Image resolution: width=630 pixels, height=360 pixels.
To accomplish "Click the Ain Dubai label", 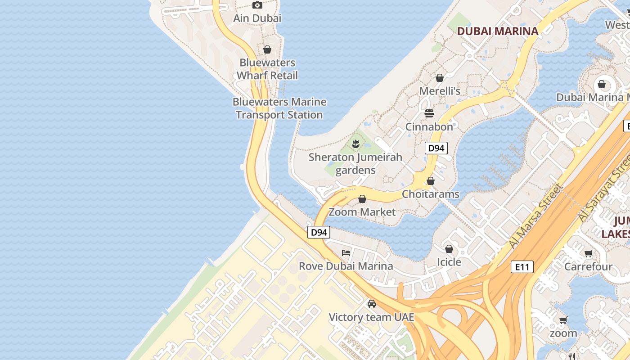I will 257,18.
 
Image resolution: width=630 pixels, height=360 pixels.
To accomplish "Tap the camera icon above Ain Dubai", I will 257,5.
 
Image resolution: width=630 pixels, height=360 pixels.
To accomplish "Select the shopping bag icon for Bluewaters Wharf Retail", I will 267,49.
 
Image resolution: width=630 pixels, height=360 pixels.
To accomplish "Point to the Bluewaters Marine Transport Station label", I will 279,108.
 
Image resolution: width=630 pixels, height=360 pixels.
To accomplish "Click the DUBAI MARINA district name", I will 498,31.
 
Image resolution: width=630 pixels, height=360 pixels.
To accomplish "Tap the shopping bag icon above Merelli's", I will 440,78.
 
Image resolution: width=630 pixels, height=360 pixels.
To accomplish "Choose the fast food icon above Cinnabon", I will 429,113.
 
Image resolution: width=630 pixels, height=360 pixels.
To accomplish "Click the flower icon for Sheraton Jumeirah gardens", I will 355,144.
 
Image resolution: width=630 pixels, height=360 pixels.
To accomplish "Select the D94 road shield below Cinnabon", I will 436,148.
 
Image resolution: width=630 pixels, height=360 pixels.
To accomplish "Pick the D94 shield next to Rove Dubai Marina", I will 319,232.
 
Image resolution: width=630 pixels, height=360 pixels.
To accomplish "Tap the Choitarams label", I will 431,194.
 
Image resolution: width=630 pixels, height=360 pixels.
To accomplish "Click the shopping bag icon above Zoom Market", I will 362,199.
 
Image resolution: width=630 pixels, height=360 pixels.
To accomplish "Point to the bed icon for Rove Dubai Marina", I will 346,252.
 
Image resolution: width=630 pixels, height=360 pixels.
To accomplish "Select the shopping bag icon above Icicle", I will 449,249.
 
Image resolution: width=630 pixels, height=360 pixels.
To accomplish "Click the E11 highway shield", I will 522,267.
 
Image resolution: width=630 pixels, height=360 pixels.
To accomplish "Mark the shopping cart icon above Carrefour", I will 588,254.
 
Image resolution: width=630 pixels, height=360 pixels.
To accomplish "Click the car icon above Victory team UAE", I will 372,304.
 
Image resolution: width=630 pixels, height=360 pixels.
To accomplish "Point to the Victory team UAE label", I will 371,317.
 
